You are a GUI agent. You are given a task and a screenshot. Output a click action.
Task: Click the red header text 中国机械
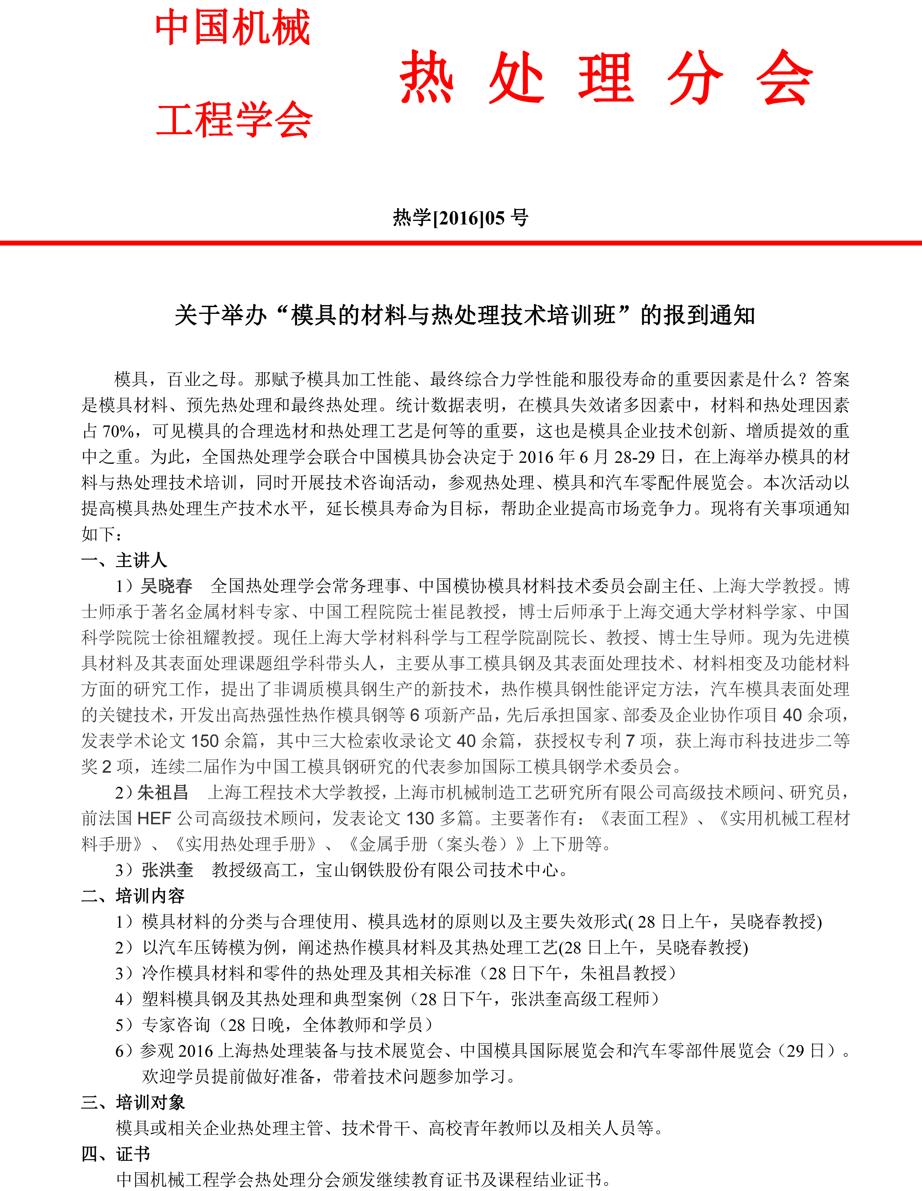[x=233, y=27]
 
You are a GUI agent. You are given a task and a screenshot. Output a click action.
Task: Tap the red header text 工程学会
[x=234, y=120]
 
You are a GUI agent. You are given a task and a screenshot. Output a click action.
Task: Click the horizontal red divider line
[x=461, y=243]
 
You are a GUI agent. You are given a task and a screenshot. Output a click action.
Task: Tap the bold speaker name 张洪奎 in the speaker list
[x=167, y=870]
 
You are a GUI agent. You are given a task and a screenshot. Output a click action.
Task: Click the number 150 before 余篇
[x=205, y=741]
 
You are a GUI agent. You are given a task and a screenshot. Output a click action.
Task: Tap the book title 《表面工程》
[x=644, y=818]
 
